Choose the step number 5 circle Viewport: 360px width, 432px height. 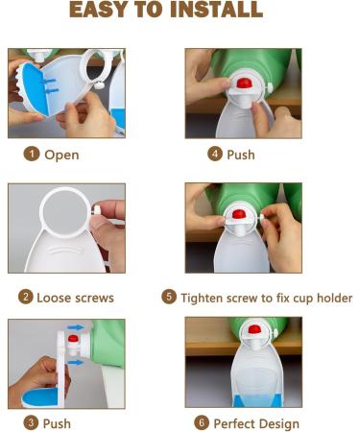coord(169,297)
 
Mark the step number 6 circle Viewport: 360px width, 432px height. coord(201,422)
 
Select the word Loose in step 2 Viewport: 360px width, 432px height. coord(56,298)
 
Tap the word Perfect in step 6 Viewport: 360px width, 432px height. coord(236,423)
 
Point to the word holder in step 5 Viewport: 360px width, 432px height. coord(332,298)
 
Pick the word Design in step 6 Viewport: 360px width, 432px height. coord(280,423)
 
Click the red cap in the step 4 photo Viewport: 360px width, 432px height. coord(244,84)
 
